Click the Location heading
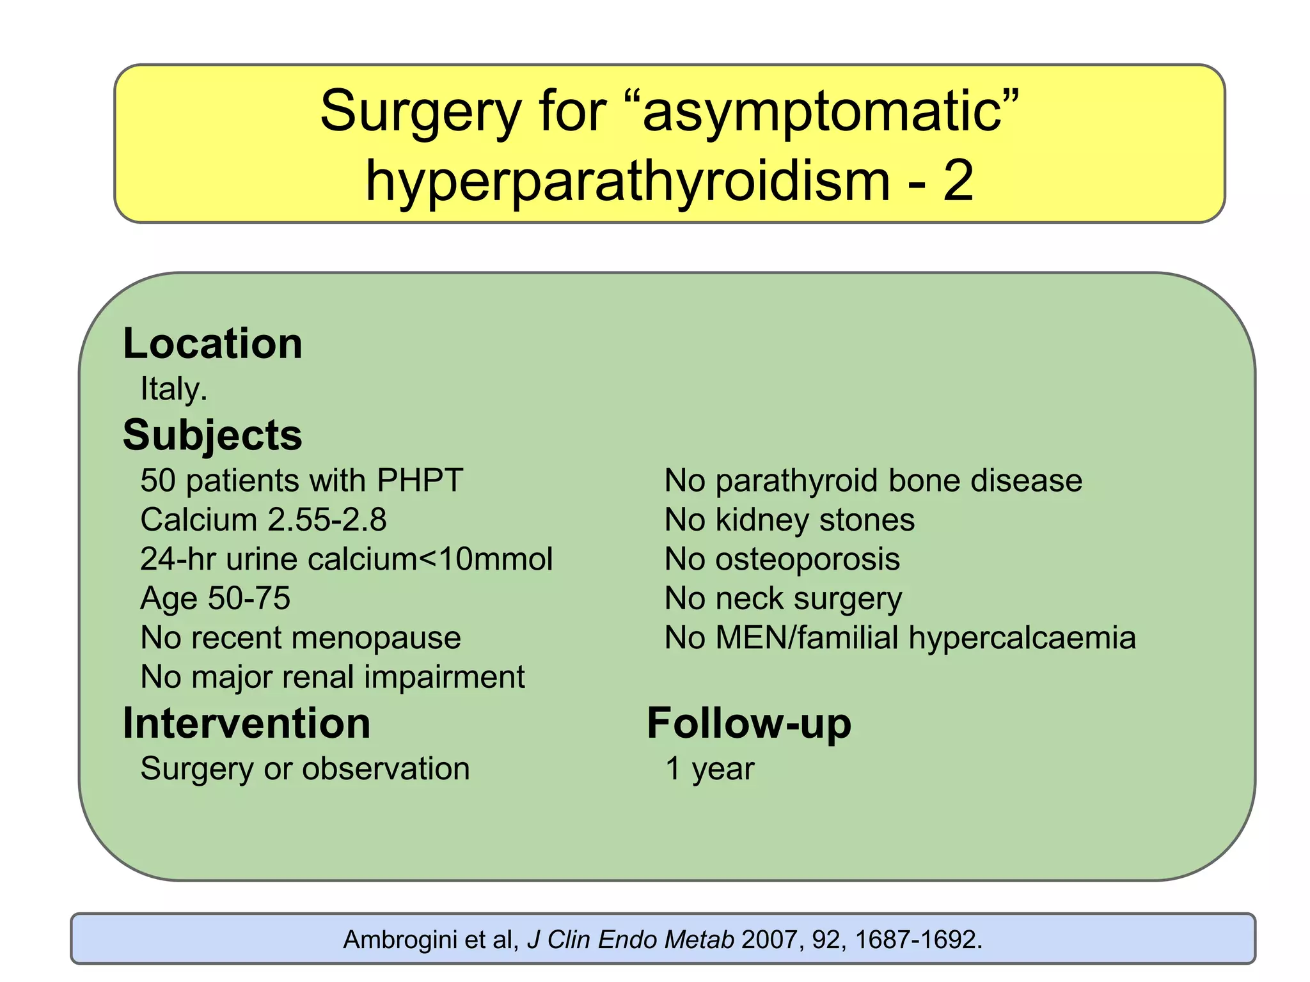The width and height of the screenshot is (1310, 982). [x=212, y=344]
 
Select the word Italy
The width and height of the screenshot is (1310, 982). [x=173, y=389]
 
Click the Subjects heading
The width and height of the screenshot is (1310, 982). [x=212, y=435]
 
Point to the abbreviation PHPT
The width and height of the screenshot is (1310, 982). [x=420, y=481]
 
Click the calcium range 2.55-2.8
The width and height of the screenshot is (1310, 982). [x=327, y=520]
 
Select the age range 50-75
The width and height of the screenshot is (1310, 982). [x=249, y=598]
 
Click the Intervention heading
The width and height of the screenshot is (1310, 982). [x=246, y=724]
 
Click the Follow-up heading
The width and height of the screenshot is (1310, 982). [x=749, y=724]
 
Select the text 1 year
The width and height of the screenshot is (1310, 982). [x=709, y=768]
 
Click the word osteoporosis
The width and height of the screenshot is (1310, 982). [x=807, y=559]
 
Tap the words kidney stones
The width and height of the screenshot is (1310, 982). [x=815, y=520]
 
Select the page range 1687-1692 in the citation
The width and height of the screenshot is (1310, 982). [x=915, y=940]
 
